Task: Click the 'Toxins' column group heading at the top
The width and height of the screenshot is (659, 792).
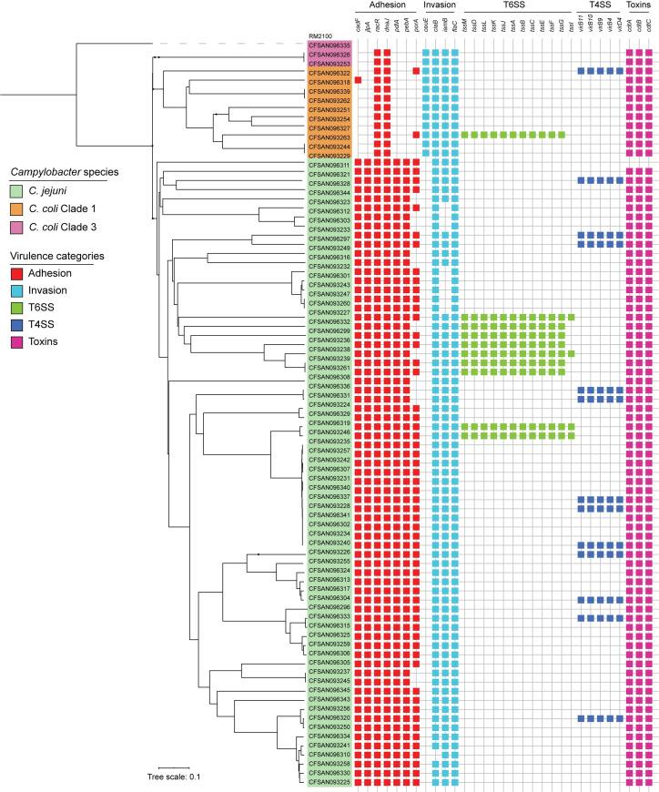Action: (x=639, y=5)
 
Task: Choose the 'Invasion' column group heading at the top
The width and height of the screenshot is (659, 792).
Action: (x=441, y=5)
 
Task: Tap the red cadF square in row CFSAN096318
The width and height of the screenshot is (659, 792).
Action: (x=358, y=81)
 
